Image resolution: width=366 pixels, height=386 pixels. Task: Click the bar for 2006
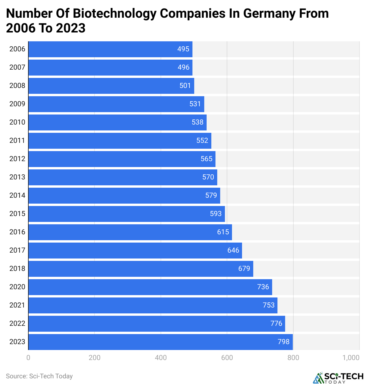coord(110,49)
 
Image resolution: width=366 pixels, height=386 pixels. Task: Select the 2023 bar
coord(161,342)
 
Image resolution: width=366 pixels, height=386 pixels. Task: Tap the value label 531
coord(195,104)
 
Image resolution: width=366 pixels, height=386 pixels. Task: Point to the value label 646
coord(233,250)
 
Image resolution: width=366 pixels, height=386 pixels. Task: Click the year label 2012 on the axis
coord(17,159)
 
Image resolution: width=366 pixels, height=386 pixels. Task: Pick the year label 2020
coord(17,287)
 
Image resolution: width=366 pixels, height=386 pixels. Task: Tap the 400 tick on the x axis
coord(161,358)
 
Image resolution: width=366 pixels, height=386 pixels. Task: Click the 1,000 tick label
coord(351,358)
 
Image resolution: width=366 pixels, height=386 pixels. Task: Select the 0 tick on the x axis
coord(28,358)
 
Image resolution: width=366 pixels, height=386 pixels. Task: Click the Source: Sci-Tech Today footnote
coord(39,376)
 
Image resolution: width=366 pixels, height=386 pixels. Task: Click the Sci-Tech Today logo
coord(338,378)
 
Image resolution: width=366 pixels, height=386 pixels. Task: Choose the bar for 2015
coord(127,214)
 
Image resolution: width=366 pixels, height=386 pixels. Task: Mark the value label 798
coord(284,342)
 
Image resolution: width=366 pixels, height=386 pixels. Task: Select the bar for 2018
coord(141,269)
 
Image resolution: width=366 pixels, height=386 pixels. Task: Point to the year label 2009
coord(17,104)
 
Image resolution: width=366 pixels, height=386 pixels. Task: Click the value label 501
coord(185,86)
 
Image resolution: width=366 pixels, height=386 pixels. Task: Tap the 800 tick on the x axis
coord(293,358)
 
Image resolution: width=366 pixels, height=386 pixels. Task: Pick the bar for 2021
coord(153,305)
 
